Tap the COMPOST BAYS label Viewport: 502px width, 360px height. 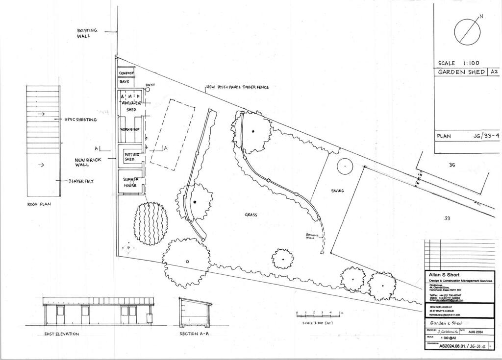click(x=126, y=77)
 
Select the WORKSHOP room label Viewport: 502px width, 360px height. click(x=130, y=129)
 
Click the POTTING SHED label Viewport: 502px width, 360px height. click(x=132, y=157)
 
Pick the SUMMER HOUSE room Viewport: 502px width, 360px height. click(x=130, y=182)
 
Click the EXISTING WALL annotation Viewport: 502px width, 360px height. click(x=87, y=33)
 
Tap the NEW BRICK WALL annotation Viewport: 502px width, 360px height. click(x=88, y=162)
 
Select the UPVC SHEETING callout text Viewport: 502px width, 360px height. click(x=80, y=120)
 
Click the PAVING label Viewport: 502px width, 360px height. click(x=338, y=191)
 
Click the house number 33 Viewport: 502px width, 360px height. click(x=447, y=218)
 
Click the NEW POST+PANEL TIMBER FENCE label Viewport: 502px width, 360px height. click(x=237, y=87)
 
